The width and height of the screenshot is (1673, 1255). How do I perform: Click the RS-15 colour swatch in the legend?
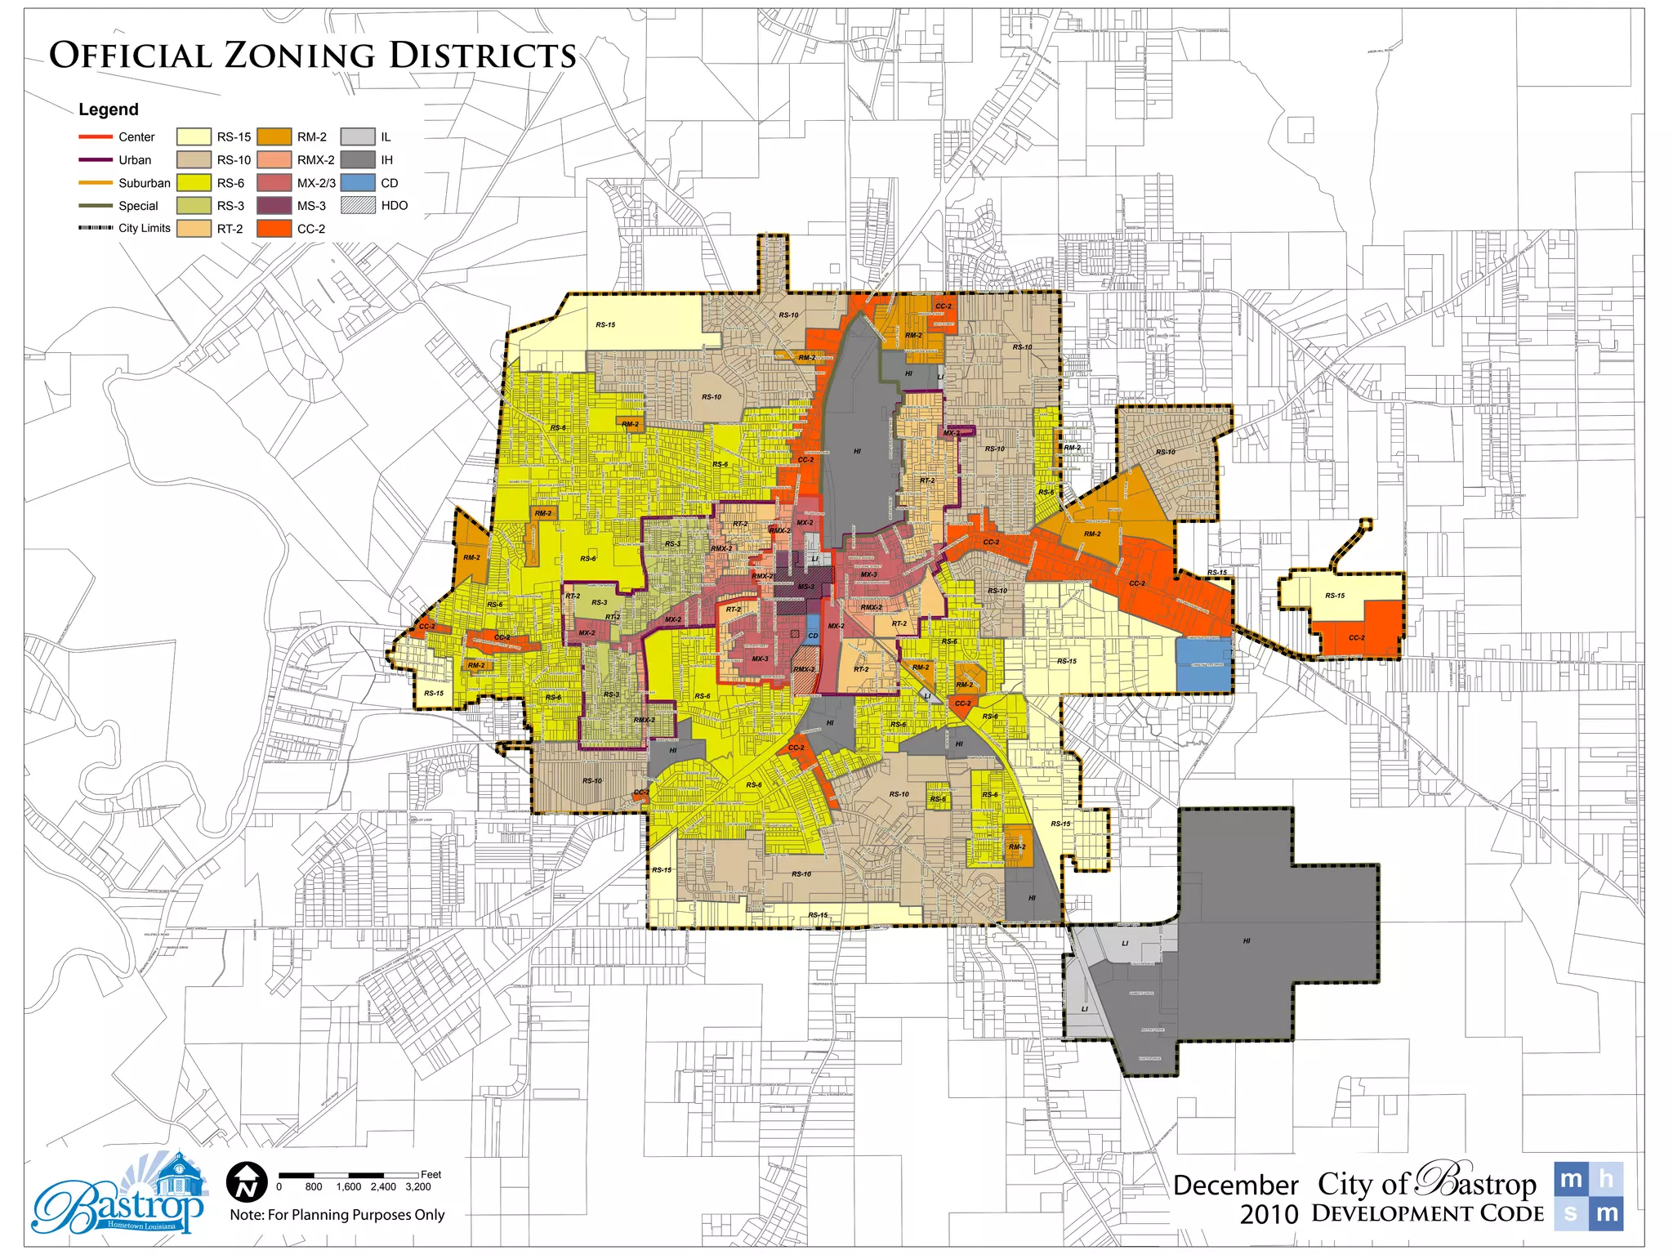click(x=194, y=136)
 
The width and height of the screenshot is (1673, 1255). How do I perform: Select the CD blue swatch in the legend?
click(x=358, y=183)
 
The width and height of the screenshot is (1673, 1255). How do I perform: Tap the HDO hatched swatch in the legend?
click(x=358, y=205)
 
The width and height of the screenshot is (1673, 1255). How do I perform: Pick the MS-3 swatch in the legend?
click(x=274, y=206)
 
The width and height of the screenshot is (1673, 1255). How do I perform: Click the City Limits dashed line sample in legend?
click(x=96, y=228)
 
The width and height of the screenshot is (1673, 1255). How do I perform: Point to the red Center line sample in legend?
click(x=96, y=136)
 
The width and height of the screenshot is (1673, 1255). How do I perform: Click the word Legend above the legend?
click(x=109, y=109)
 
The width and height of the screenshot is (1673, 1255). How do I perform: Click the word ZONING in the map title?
click(x=300, y=56)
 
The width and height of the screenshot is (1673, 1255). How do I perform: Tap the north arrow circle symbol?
click(x=247, y=1181)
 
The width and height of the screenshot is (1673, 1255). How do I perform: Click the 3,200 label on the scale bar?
click(x=417, y=1186)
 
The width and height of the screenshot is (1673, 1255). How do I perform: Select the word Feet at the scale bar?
click(x=431, y=1174)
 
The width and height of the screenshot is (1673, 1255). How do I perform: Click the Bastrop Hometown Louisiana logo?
click(x=118, y=1195)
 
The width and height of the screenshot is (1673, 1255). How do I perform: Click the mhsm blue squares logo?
click(x=1588, y=1195)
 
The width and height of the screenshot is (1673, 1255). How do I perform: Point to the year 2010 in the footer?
click(x=1269, y=1214)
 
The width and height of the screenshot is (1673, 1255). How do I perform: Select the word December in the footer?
click(x=1235, y=1185)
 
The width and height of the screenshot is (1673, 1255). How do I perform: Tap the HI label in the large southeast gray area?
click(x=1247, y=940)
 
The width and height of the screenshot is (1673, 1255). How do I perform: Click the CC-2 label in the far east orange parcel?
click(x=1356, y=637)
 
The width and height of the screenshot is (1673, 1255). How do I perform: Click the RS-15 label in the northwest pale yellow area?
click(x=605, y=324)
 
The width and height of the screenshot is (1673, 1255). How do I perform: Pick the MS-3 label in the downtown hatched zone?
click(x=805, y=587)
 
